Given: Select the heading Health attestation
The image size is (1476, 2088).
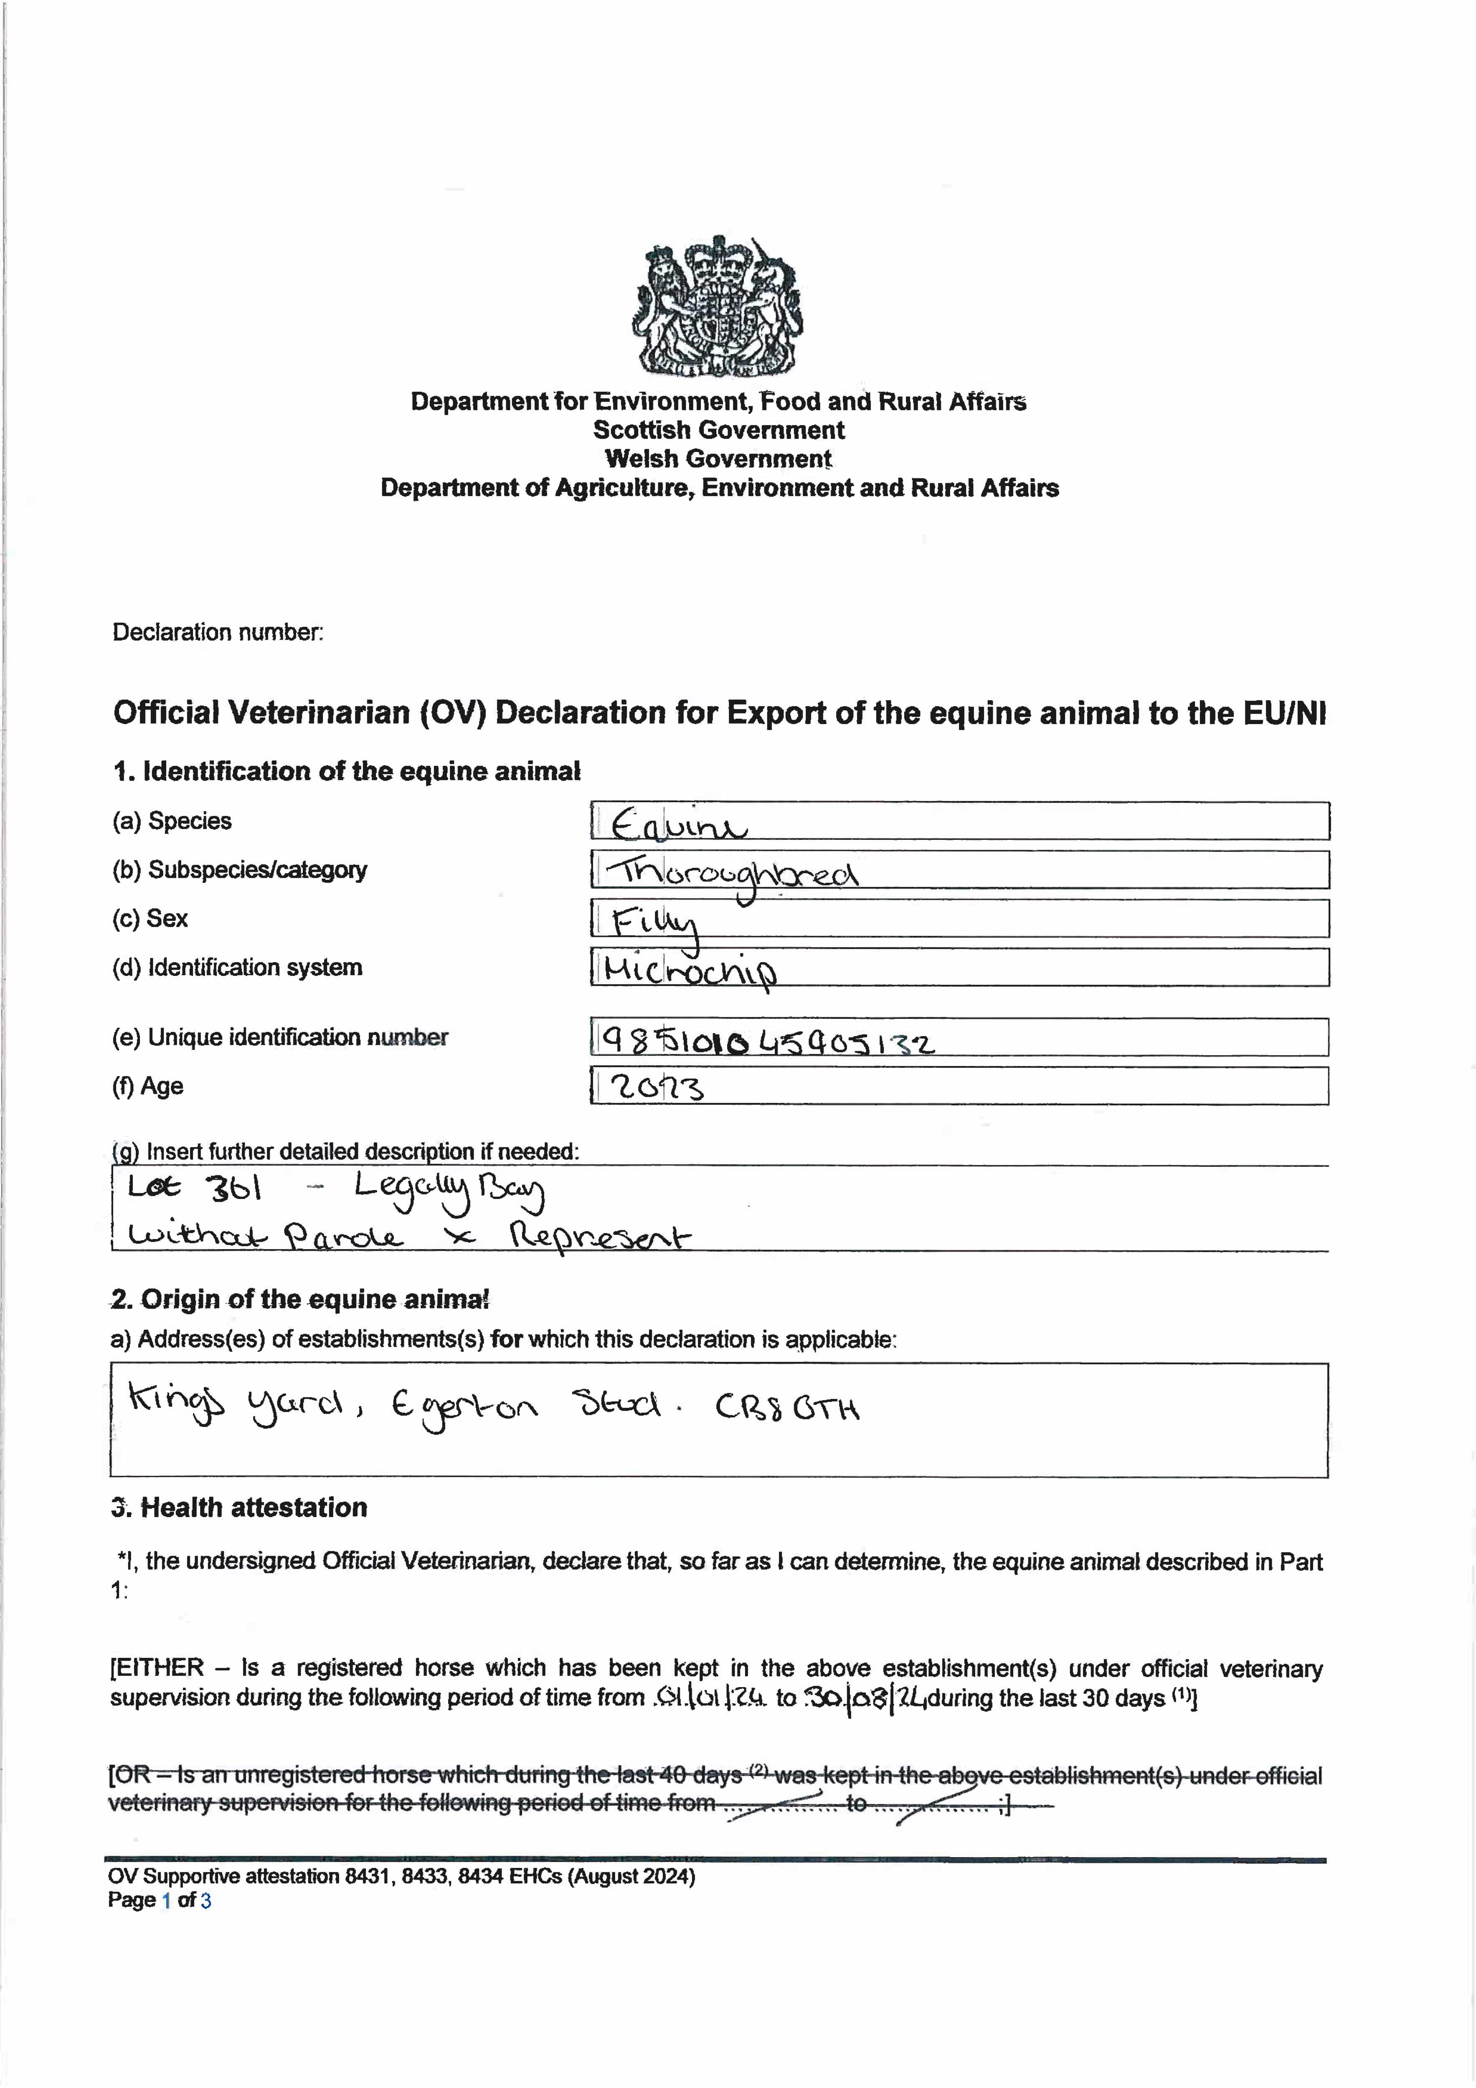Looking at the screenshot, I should click(254, 1507).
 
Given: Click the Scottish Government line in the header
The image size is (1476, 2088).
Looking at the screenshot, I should click(718, 430).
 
